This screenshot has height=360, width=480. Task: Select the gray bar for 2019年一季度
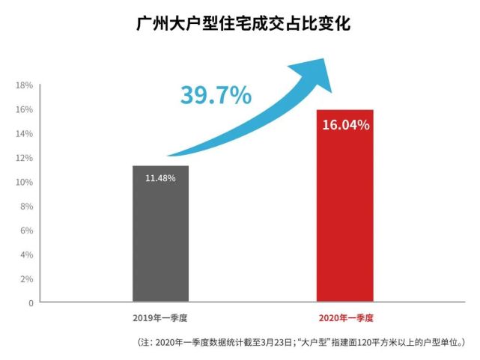point(161,240)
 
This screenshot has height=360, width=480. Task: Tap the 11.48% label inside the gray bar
point(161,178)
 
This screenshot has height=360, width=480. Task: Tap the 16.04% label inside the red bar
point(346,125)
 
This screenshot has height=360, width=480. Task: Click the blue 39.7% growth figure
point(216,95)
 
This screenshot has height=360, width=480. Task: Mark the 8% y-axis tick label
point(25,206)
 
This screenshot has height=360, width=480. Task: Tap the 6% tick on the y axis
point(25,231)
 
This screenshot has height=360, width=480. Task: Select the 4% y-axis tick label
point(25,254)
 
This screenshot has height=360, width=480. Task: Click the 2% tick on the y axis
point(25,278)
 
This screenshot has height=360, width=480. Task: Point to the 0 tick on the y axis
point(31,302)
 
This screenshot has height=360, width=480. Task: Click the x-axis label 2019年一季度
point(161,318)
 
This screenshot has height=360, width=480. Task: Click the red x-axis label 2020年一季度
point(346,318)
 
